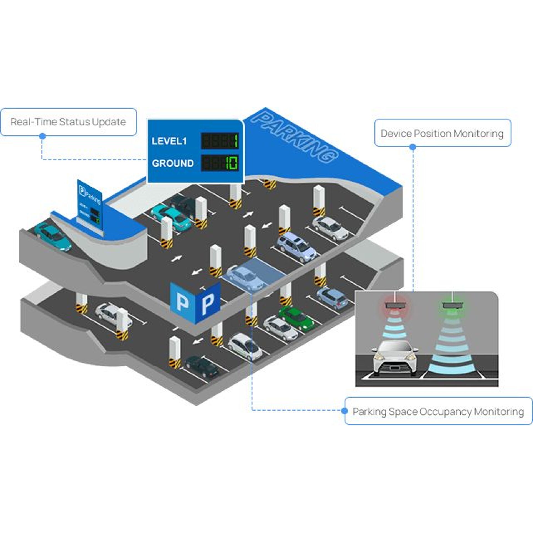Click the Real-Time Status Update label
point(68,122)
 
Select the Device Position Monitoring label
point(442,134)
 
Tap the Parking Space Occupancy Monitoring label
point(438,411)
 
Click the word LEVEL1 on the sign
point(169,141)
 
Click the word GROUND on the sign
point(173,163)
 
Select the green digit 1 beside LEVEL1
point(235,141)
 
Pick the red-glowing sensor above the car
point(395,306)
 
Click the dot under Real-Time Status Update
point(42,136)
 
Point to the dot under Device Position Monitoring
point(413,147)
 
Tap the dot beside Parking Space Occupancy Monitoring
point(345,411)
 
